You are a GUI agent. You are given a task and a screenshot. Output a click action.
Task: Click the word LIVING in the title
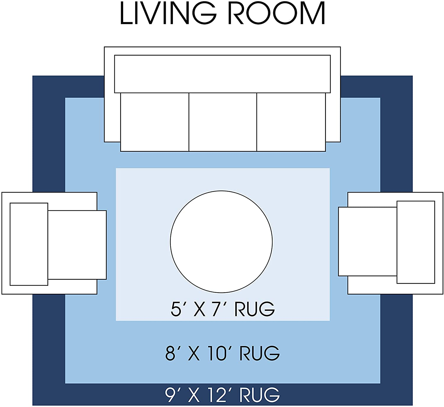[168, 13]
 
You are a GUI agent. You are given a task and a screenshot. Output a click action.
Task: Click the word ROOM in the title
[276, 13]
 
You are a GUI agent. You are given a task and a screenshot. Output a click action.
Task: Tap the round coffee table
[221, 242]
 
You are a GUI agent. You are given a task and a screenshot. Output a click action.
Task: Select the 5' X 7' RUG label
[223, 309]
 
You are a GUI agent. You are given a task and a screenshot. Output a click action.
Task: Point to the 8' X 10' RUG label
[222, 353]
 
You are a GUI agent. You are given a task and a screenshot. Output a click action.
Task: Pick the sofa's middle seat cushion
[223, 122]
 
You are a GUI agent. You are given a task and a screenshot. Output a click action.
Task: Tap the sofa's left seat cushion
[155, 122]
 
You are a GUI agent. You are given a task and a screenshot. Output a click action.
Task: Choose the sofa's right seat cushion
[291, 122]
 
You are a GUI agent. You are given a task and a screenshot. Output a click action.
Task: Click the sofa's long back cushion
[222, 74]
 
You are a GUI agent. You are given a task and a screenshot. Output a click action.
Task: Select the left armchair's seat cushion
[77, 245]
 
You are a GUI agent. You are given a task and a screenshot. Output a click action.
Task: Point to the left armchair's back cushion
[29, 244]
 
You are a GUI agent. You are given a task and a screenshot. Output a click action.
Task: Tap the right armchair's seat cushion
[367, 242]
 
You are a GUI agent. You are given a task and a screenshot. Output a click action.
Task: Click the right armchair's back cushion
[416, 242]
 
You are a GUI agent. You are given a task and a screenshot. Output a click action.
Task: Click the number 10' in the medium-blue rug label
[218, 353]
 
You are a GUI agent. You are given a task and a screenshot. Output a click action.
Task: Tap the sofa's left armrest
[112, 117]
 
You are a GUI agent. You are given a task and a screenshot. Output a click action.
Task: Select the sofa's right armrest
[333, 117]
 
